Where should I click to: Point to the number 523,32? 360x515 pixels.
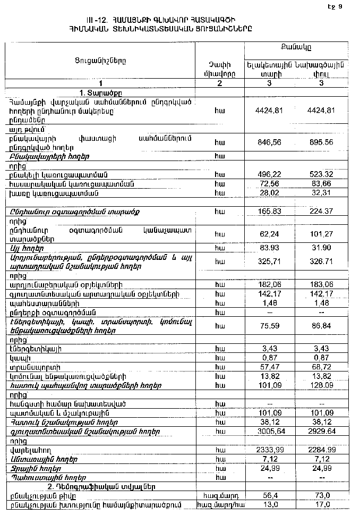pyautogui.click(x=321, y=174)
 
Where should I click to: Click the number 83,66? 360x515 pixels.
pyautogui.click(x=321, y=184)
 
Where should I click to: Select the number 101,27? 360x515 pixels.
pyautogui.click(x=321, y=232)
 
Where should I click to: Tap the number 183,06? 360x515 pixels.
pyautogui.click(x=321, y=285)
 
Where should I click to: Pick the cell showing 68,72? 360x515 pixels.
pyautogui.click(x=321, y=367)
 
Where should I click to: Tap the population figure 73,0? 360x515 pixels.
pyautogui.click(x=321, y=496)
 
